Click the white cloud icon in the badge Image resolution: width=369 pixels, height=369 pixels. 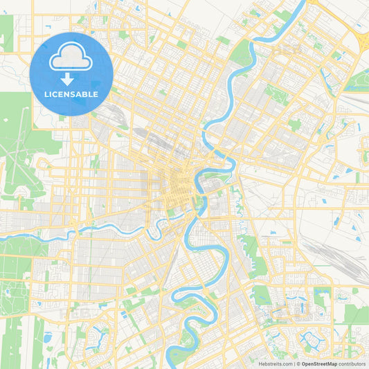[71, 57]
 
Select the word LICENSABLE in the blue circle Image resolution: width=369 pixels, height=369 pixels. [71, 94]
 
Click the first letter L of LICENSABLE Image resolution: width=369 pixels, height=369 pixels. [46, 94]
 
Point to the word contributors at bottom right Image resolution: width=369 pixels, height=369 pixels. [352, 363]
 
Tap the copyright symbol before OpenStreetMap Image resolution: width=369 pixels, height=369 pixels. [298, 363]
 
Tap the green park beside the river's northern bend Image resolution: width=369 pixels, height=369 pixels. [242, 53]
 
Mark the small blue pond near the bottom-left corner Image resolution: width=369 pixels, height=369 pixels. [47, 338]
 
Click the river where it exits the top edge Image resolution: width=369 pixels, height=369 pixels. [302, 4]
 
